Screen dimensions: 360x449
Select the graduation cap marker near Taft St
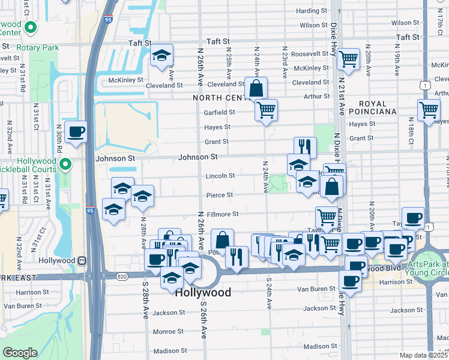(x=161, y=56)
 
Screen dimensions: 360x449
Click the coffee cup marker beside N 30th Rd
(x=76, y=132)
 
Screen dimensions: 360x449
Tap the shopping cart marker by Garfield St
(x=266, y=110)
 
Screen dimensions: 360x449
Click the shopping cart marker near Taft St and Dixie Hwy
(x=348, y=59)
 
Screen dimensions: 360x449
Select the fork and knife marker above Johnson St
(x=305, y=147)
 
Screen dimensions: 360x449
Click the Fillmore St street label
(x=224, y=214)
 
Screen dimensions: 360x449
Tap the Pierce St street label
(x=220, y=195)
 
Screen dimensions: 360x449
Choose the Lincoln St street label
(x=220, y=176)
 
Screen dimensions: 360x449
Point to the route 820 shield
(x=122, y=277)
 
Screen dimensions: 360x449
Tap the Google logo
(x=19, y=353)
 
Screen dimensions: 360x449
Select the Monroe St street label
(x=167, y=331)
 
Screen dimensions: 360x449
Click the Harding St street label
(x=311, y=11)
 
